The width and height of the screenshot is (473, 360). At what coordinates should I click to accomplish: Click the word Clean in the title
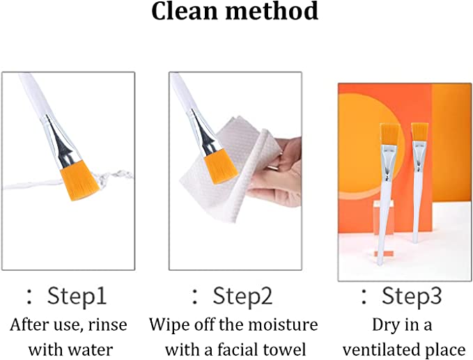pos(185,11)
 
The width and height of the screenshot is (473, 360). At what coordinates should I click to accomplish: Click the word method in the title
pos(272,11)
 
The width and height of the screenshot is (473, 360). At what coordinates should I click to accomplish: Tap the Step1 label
pos(77,296)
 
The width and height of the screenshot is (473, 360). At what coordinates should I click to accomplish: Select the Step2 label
pos(242,296)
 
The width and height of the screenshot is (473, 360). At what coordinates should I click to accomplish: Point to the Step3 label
pos(412,296)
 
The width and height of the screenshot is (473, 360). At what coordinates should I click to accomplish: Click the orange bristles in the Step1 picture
pos(80,180)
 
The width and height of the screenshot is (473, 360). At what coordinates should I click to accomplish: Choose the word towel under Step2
pos(285,350)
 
